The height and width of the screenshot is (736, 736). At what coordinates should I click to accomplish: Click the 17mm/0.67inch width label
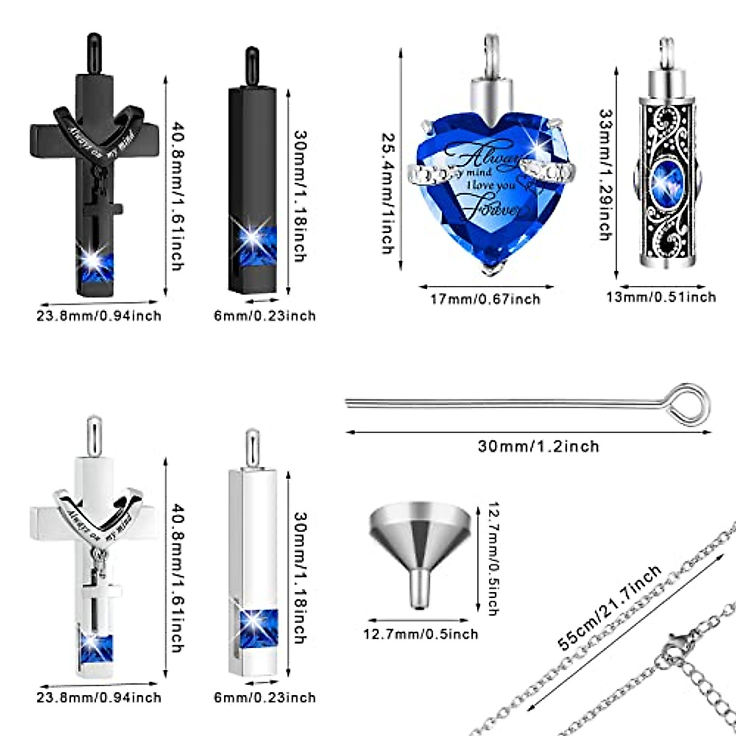pyautogui.click(x=485, y=299)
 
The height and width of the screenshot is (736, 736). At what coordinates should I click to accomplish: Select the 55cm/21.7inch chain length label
pyautogui.click(x=610, y=608)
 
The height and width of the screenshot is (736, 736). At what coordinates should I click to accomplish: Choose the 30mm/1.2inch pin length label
pyautogui.click(x=538, y=446)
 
